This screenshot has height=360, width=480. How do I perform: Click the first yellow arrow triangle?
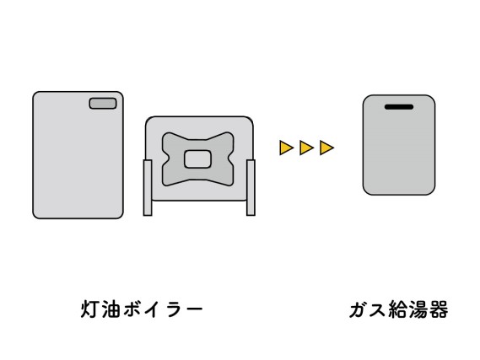[286, 148]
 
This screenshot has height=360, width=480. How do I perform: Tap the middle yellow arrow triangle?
[306, 148]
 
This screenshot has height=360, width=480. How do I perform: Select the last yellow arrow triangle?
[326, 148]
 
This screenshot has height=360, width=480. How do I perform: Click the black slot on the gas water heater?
[399, 107]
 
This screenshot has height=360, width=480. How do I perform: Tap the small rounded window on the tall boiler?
[103, 104]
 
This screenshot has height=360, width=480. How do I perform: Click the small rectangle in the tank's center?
[197, 159]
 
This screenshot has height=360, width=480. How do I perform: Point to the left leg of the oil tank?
[148, 187]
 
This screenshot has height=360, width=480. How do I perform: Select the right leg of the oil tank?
[251, 187]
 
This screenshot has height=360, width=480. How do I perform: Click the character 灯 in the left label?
[90, 309]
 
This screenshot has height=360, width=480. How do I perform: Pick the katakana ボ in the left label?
[132, 309]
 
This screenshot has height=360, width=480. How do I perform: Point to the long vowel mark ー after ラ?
[193, 309]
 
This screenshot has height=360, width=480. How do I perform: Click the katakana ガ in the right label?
[359, 309]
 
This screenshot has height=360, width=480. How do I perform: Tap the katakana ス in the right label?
[377, 310]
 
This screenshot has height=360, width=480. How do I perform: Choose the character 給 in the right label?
[397, 309]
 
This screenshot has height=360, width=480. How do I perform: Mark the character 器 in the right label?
[439, 309]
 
